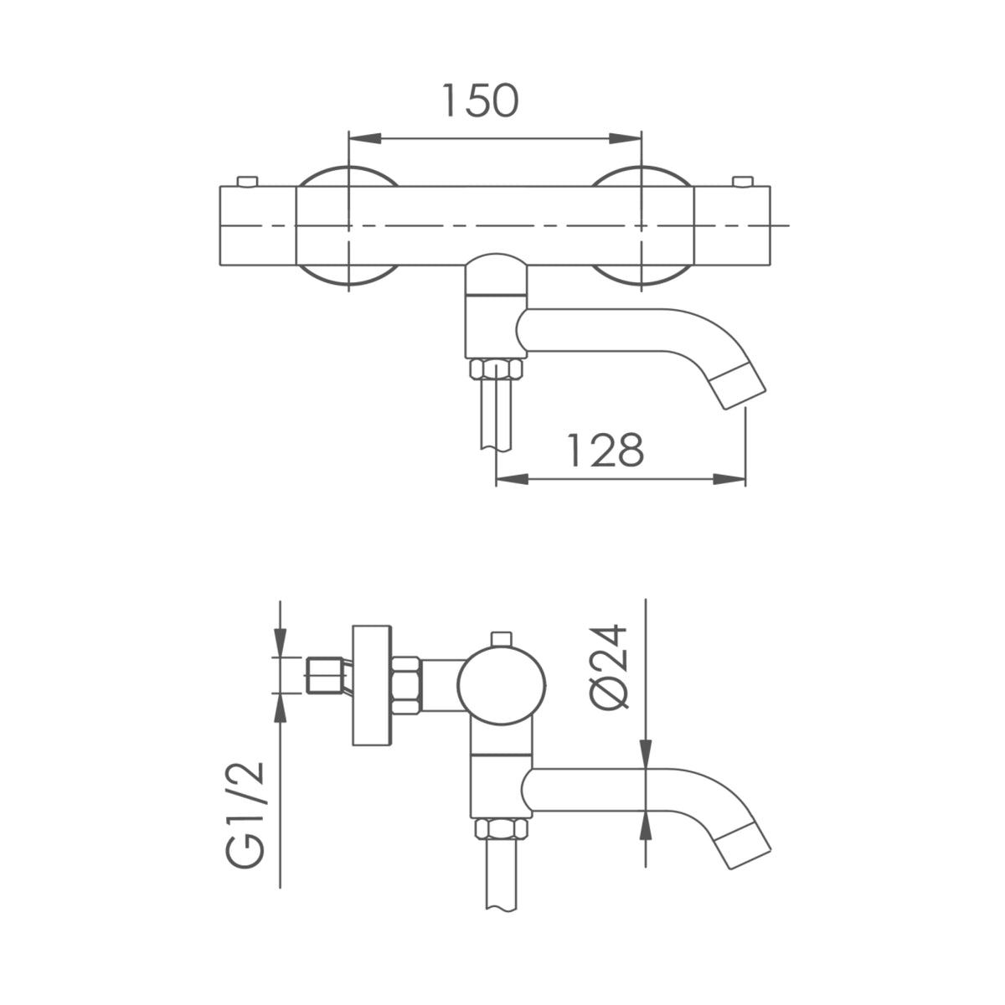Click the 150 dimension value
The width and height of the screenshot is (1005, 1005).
click(x=481, y=100)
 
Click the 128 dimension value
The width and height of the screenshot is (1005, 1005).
click(x=605, y=450)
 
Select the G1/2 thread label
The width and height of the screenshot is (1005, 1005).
click(x=245, y=816)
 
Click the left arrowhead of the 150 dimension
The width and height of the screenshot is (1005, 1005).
click(x=365, y=139)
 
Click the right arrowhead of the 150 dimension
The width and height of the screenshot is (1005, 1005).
click(x=626, y=139)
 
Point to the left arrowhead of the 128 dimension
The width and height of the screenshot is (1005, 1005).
click(x=513, y=479)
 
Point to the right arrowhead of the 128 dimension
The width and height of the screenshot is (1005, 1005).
click(x=729, y=479)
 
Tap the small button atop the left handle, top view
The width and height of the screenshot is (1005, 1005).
click(x=247, y=181)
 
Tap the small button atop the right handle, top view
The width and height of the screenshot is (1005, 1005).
click(x=743, y=181)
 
